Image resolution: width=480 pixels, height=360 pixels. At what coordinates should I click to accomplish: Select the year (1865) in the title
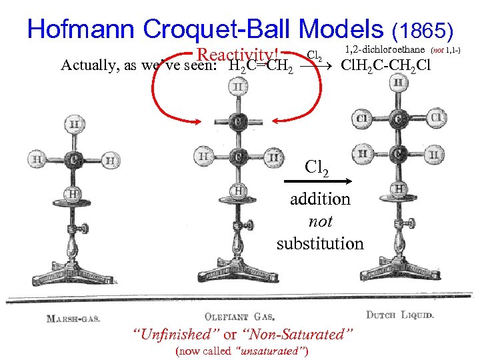pos(424,31)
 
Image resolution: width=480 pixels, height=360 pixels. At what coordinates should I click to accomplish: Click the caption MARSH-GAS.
pos(73,318)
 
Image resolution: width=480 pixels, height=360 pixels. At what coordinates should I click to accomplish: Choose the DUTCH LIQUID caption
pos(400,314)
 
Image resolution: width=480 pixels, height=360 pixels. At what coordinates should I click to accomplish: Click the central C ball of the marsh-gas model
pos(74,161)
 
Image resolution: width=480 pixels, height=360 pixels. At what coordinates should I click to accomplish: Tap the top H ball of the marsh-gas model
pos(74,124)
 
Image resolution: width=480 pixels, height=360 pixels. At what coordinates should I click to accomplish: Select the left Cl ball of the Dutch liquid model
pos(363,118)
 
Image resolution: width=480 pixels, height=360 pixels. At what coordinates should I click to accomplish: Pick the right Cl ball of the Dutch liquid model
pos(437,118)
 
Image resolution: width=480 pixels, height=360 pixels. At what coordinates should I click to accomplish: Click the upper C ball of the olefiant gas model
pos(237,122)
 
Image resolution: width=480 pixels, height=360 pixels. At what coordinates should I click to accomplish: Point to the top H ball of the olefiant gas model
pos(237,87)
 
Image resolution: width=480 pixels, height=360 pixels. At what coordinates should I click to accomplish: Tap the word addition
pos(320,199)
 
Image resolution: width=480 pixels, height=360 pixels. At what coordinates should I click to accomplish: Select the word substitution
pos(320,243)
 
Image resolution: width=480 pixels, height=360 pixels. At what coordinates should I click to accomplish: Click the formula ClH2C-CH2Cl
pos(386,65)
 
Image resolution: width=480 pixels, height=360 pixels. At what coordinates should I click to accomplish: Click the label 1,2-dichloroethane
pos(386,49)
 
